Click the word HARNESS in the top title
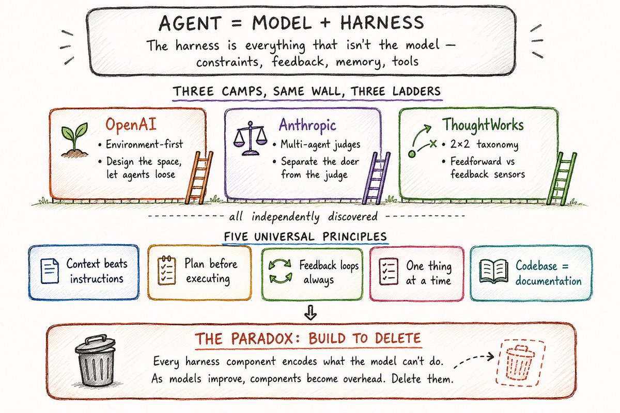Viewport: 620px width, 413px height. click(382, 23)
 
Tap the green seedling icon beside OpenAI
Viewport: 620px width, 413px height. click(74, 140)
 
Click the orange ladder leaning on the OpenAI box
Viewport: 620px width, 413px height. click(199, 177)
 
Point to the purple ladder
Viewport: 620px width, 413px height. click(376, 178)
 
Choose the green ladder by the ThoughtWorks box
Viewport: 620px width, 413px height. click(562, 179)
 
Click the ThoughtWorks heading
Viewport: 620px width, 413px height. click(483, 125)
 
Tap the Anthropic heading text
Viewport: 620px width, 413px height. click(307, 125)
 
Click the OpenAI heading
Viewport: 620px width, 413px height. click(131, 124)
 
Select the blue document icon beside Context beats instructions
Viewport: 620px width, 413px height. click(50, 271)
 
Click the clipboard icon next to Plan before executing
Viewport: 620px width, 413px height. click(166, 271)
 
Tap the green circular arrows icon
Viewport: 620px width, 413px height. click(281, 271)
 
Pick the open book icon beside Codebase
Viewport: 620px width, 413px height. click(494, 272)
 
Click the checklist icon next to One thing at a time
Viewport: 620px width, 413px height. click(389, 272)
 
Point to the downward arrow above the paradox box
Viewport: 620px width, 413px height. click(311, 312)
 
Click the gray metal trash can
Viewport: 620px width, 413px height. click(95, 360)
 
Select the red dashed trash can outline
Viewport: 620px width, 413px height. click(520, 362)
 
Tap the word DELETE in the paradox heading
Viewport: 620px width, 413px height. click(398, 338)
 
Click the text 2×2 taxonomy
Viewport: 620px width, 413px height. click(484, 145)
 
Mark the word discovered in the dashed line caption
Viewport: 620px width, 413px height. click(352, 216)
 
